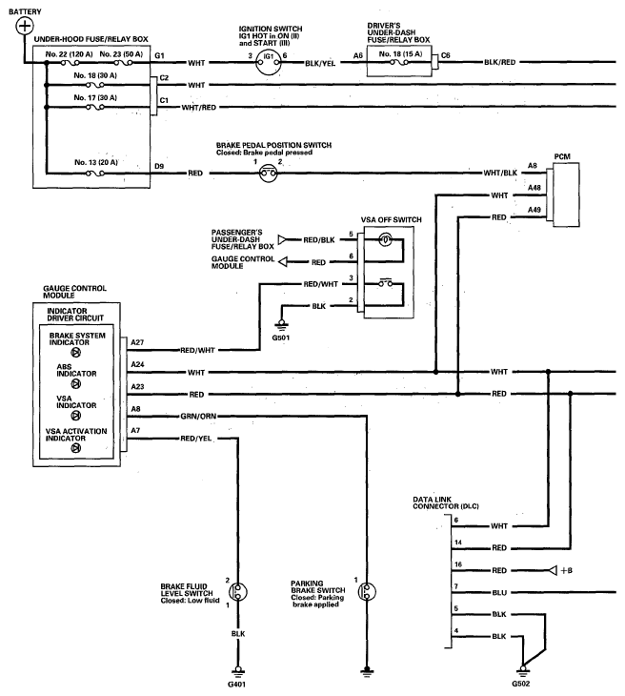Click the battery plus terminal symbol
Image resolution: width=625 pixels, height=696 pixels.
tap(25, 26)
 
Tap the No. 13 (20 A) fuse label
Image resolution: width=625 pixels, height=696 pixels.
tap(96, 162)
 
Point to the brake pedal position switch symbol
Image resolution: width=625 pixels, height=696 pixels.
tap(269, 174)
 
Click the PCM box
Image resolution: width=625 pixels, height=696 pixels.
tap(566, 194)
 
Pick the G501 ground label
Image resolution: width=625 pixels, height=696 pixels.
tap(281, 338)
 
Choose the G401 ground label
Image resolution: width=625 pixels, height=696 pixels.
tap(236, 684)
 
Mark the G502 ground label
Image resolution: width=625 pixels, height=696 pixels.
tap(521, 684)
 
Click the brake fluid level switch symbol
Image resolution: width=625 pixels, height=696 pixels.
tap(238, 592)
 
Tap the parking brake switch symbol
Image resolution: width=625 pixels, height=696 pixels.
tap(367, 592)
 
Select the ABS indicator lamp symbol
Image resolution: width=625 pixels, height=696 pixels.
tap(76, 384)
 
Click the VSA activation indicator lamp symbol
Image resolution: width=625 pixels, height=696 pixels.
tap(76, 448)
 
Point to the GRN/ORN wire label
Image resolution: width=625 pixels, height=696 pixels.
tap(198, 417)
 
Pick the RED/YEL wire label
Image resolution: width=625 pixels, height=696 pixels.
tap(196, 439)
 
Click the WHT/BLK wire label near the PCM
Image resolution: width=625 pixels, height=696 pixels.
tap(500, 173)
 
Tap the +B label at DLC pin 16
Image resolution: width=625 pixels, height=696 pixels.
tap(567, 570)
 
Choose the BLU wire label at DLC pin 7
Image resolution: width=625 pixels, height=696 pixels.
tap(499, 593)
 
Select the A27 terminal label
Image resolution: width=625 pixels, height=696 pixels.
tap(137, 342)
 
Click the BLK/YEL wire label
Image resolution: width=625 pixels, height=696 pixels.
tap(320, 64)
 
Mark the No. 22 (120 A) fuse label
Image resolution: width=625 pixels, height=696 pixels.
tap(70, 54)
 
